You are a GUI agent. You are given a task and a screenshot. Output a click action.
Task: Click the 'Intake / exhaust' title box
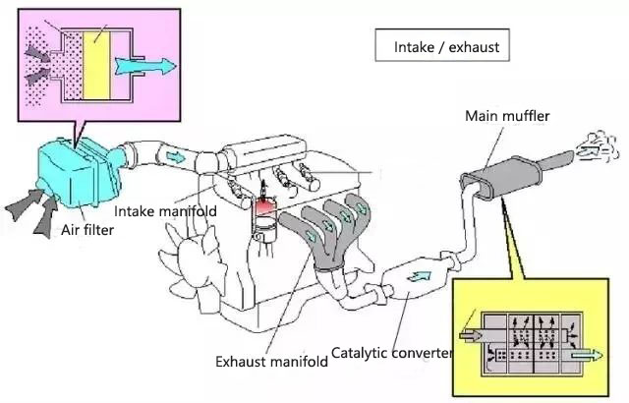tap(442, 45)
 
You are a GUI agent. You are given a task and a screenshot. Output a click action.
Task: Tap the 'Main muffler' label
tap(507, 116)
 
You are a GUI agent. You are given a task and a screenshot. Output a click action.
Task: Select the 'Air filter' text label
tap(87, 230)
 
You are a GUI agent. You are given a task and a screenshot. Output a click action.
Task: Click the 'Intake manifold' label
tap(165, 211)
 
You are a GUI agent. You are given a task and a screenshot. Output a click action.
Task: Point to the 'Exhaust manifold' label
tap(271, 362)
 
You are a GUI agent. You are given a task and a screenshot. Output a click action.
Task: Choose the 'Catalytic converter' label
tap(391, 353)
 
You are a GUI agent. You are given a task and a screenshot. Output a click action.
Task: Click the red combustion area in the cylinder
tap(264, 206)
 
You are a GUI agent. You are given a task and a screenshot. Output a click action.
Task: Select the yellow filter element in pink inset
tap(96, 65)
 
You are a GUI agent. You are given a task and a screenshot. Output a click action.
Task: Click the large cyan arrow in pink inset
tap(145, 66)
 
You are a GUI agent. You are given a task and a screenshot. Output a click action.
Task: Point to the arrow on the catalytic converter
tap(419, 276)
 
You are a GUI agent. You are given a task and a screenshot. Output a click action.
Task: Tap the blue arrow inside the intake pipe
tap(176, 157)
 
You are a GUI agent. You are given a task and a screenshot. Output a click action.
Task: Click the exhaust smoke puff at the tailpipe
tap(597, 147)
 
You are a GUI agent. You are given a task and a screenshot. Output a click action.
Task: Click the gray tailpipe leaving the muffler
tap(557, 161)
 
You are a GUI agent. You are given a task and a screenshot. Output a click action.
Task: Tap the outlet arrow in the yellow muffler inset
tap(586, 355)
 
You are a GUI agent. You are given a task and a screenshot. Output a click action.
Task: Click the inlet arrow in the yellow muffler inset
tap(470, 335)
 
